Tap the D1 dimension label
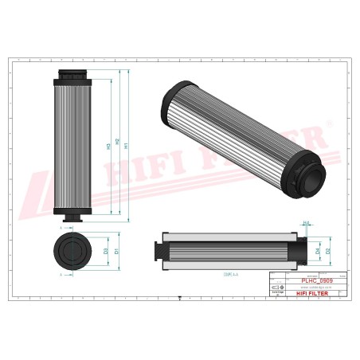click(x=116, y=251)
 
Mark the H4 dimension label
click(x=307, y=224)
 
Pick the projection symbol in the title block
click(x=276, y=286)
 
